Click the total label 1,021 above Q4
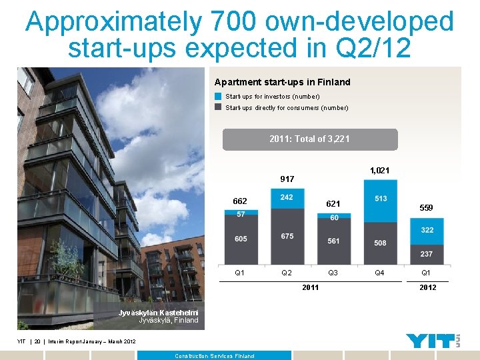click(x=380, y=171)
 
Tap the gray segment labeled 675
click(x=287, y=237)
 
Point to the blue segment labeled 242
click(x=287, y=198)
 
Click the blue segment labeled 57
click(x=241, y=213)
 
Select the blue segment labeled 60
click(x=333, y=217)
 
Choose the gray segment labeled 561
click(x=333, y=241)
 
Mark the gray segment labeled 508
click(x=381, y=243)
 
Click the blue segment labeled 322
click(x=427, y=231)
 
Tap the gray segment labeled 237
click(x=427, y=254)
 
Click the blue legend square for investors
click(x=219, y=97)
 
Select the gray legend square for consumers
click(x=219, y=107)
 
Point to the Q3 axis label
click(x=333, y=273)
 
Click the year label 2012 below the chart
click(x=427, y=287)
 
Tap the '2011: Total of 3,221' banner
click(x=309, y=139)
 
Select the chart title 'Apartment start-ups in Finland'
click(x=282, y=82)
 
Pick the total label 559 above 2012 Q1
click(x=426, y=208)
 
